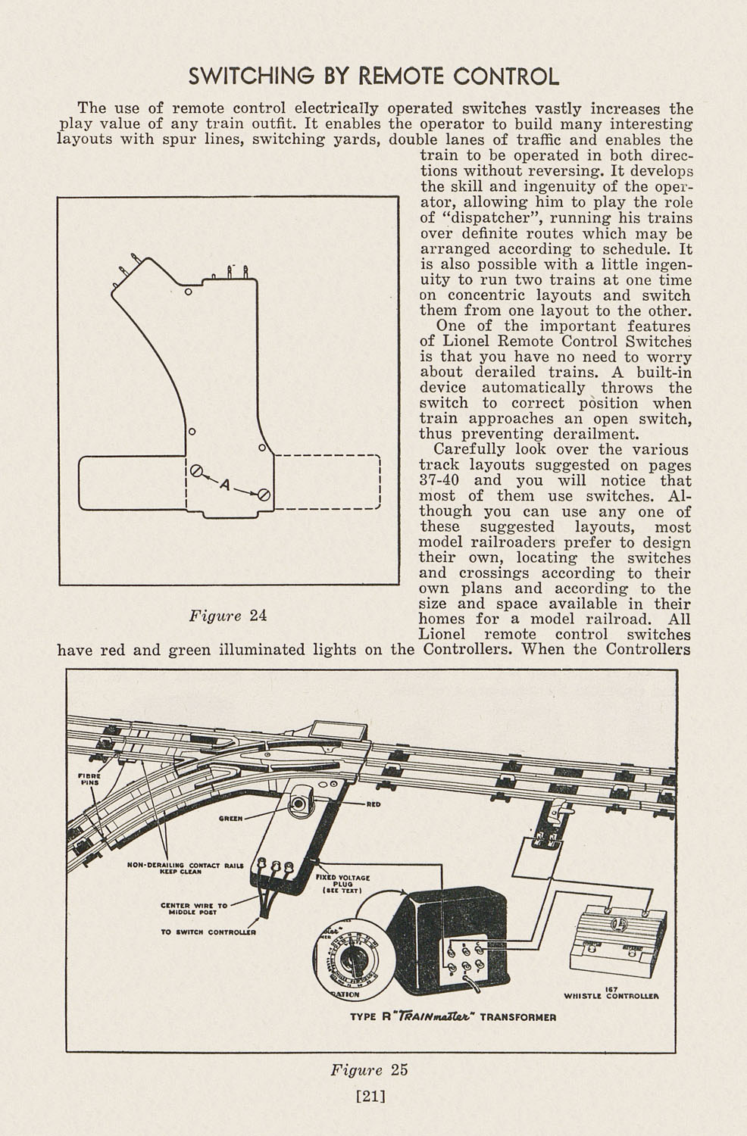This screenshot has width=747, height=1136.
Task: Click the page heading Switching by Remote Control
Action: (x=373, y=76)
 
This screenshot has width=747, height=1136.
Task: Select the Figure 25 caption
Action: (x=369, y=1070)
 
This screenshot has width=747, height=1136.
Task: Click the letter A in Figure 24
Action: (x=224, y=483)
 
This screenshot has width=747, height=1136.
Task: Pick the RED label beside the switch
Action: (x=373, y=804)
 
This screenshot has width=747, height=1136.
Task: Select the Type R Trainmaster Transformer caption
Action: (x=453, y=1017)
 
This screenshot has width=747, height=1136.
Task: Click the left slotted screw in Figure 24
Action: (x=197, y=471)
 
